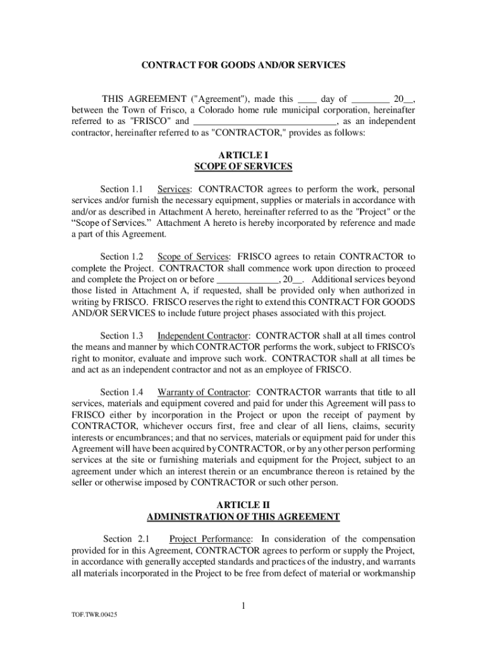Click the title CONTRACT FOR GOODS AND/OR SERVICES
click(244, 65)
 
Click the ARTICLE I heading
click(244, 154)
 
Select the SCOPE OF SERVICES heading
click(244, 166)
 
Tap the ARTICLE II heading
click(244, 504)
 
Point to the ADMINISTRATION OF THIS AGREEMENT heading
click(244, 516)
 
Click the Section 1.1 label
click(122, 189)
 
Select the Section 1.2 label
click(122, 256)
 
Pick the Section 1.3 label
click(122, 335)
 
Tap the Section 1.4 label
click(122, 392)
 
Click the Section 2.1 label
click(126, 539)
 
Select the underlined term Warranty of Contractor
click(204, 392)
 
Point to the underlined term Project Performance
click(210, 539)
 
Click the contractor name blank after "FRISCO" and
click(264, 121)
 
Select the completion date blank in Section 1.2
click(248, 279)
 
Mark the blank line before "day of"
click(307, 99)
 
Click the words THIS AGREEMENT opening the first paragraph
click(144, 99)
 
